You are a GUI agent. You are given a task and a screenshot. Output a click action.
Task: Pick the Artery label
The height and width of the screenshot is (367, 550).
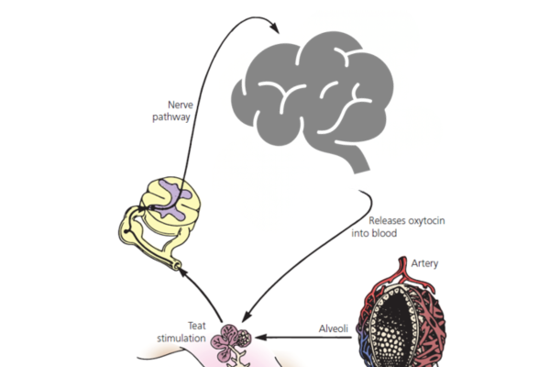pos(425,263)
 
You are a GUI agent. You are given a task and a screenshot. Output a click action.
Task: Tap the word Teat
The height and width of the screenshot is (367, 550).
pos(198,325)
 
